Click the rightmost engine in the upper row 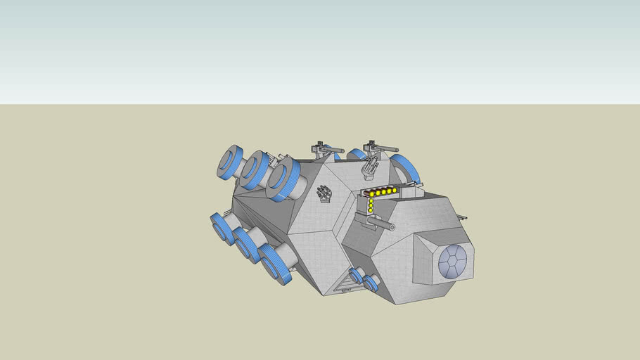pos(285,179)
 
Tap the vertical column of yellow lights pos(371,205)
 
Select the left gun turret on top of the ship pos(325,150)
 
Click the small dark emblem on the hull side pos(324,193)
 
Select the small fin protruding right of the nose pos(461,216)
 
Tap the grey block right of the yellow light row pos(410,188)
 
